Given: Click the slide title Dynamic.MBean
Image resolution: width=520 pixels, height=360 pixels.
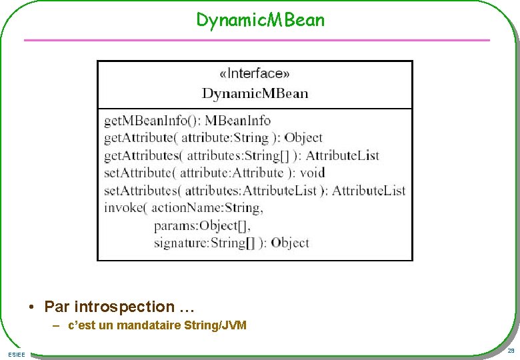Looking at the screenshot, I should pos(260,20).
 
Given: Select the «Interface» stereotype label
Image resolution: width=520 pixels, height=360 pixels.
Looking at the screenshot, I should pos(255,73).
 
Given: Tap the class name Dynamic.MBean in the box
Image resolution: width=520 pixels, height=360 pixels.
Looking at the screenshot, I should pos(255,93).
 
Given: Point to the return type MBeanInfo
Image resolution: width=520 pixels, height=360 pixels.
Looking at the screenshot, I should pos(237,121).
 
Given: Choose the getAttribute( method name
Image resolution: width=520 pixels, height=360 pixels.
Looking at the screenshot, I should pos(140,138).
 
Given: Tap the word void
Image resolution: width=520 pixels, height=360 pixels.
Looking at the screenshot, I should pos(312,173).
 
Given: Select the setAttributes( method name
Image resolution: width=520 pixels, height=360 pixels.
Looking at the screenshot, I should pos(142,190).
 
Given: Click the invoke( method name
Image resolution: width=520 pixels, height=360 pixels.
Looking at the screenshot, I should pos(124,207).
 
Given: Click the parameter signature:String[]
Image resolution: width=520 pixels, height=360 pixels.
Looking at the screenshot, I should pos(204,243).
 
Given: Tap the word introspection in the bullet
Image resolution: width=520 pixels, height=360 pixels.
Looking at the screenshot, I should pos(124,307).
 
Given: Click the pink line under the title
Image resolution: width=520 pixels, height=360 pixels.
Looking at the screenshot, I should pos(257,40).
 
